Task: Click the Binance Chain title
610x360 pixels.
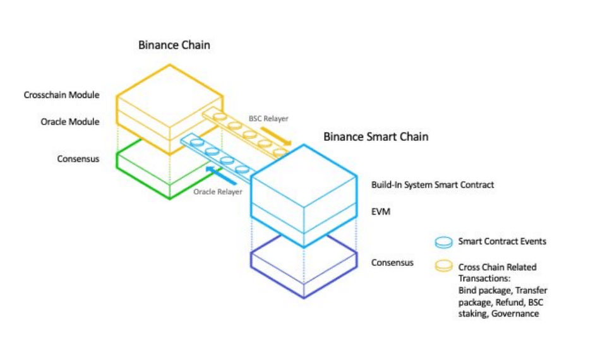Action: (174, 45)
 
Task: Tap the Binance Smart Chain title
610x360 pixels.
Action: (376, 136)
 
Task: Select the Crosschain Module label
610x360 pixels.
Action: (61, 95)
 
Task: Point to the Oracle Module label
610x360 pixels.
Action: (70, 121)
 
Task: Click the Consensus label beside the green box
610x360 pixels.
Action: (78, 159)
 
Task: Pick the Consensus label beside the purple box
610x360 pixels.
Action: (392, 262)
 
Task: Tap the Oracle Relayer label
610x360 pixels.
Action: (217, 191)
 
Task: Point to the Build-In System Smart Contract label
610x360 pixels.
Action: (433, 185)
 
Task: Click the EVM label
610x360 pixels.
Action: (381, 211)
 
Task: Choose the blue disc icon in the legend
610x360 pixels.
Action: (444, 242)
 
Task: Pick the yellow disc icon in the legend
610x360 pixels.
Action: (444, 267)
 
